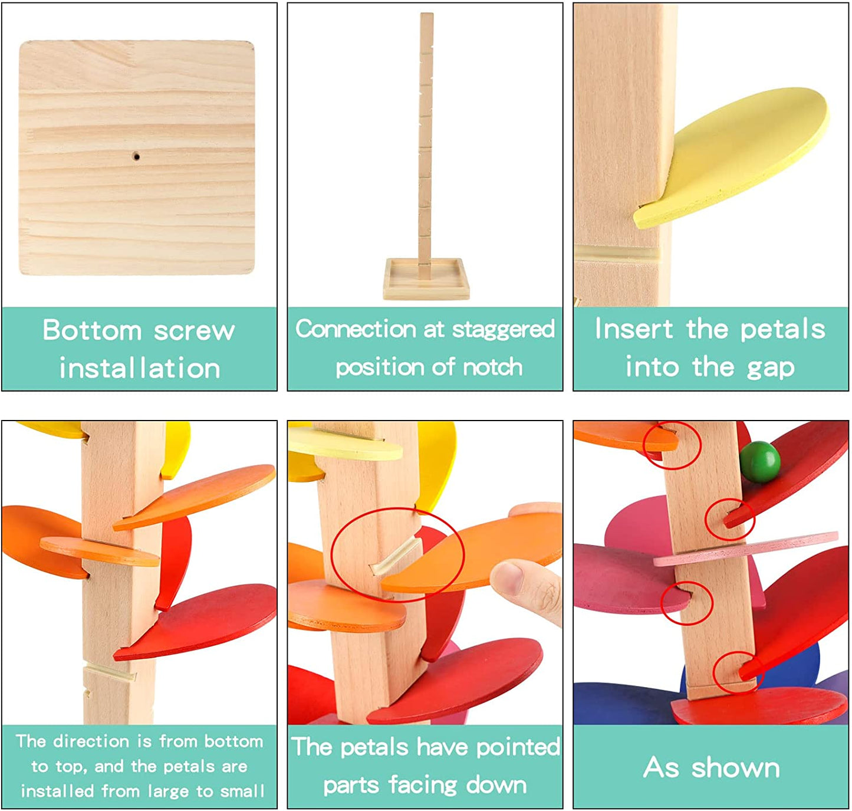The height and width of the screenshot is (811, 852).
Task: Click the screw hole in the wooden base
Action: pos(136,156)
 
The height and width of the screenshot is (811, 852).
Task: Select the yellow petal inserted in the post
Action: pos(732,158)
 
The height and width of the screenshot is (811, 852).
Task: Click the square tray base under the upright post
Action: pos(426,279)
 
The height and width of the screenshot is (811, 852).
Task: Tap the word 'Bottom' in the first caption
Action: pos(93,330)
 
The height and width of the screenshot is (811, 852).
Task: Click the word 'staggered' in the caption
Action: pos(503,330)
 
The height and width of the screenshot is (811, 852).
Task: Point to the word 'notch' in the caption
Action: pos(493,367)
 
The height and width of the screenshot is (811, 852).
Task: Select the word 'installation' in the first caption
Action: pos(140,368)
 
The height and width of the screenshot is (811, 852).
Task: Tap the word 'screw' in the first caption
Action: pos(195,331)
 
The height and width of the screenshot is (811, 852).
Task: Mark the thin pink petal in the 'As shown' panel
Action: pos(745,549)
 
